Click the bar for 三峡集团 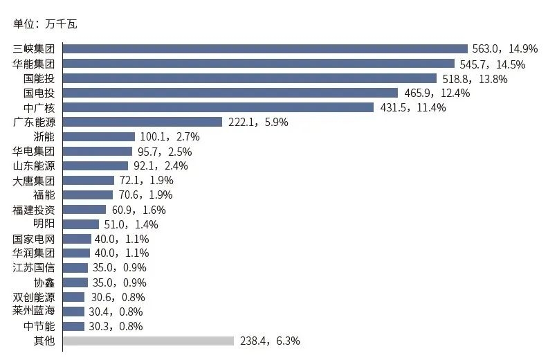tap(265, 48)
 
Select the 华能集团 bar tap(259, 64)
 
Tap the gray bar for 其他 tap(148, 341)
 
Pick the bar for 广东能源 tap(143, 122)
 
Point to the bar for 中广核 tap(218, 107)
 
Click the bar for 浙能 tap(99, 136)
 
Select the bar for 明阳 tap(81, 224)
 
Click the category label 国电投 tap(39, 93)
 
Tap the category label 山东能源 tap(34, 166)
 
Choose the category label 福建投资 tap(34, 210)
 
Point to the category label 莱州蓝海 tap(34, 311)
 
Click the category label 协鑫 tap(44, 282)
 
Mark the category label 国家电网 tap(34, 239)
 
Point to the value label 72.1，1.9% tap(145, 181)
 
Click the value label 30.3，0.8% tap(116, 326)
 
